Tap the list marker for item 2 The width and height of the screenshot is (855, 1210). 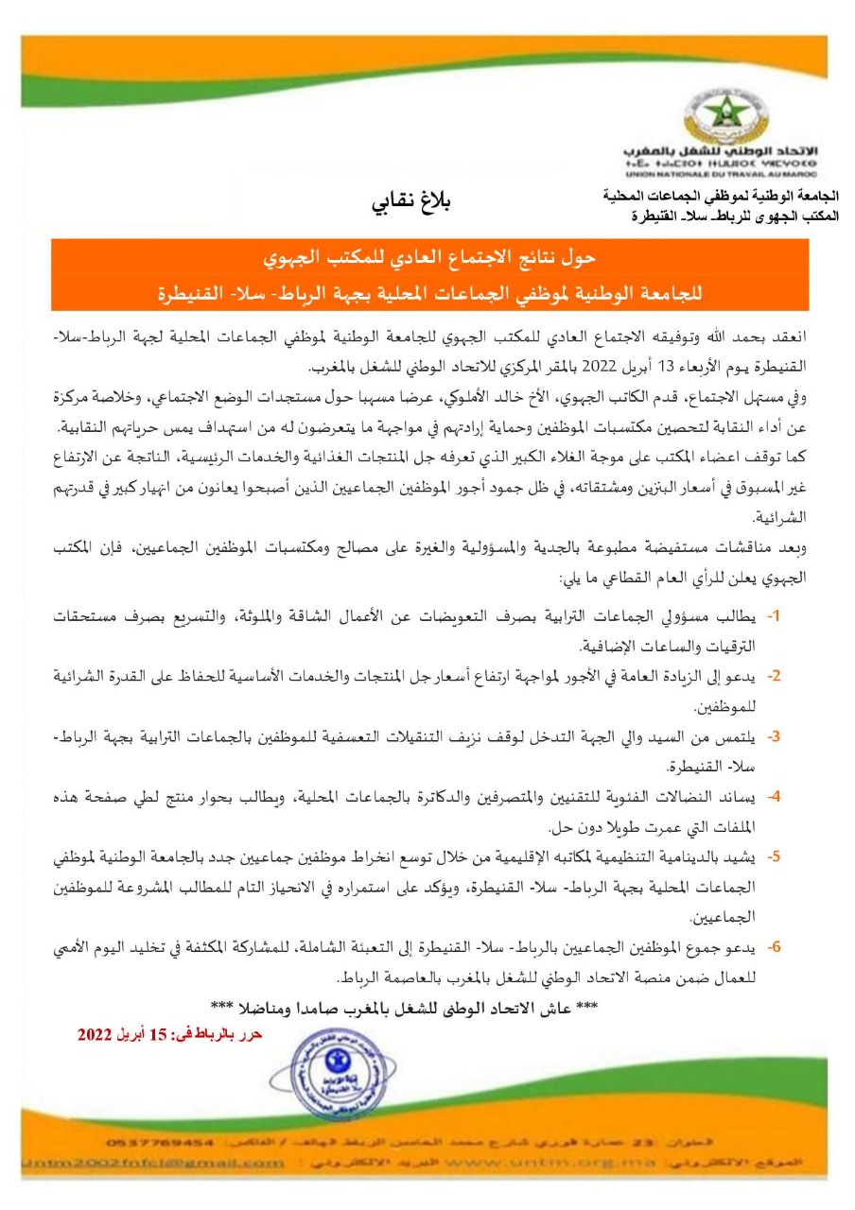coord(774,676)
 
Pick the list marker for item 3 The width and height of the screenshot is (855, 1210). coord(774,735)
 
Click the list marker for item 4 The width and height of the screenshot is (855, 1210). coord(774,796)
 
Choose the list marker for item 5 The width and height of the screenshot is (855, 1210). coord(774,856)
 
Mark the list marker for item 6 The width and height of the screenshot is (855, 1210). coord(774,945)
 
